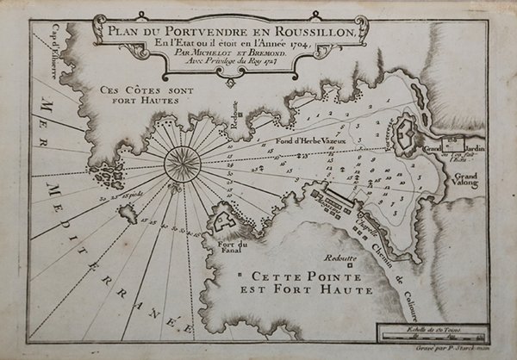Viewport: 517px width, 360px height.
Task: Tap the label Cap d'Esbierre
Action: [48, 52]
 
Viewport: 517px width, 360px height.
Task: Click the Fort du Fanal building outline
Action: [226, 224]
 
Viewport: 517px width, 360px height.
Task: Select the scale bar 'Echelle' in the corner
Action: [433, 331]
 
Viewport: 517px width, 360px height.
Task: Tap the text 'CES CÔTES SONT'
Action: [143, 89]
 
